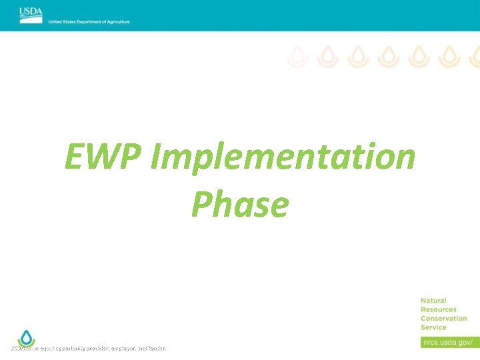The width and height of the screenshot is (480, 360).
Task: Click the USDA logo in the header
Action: (x=30, y=13)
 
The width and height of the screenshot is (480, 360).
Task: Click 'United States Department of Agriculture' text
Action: (x=89, y=22)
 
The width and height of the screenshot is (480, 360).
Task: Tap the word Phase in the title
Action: (x=240, y=205)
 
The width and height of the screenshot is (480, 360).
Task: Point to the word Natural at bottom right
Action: (x=433, y=301)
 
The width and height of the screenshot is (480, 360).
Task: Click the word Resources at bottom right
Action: (x=439, y=309)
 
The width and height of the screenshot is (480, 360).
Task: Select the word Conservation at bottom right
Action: (x=443, y=318)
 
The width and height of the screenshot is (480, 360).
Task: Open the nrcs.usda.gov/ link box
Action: (x=448, y=342)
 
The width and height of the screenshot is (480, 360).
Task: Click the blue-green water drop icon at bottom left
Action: (x=25, y=337)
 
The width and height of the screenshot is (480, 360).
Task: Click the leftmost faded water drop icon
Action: (x=297, y=57)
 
